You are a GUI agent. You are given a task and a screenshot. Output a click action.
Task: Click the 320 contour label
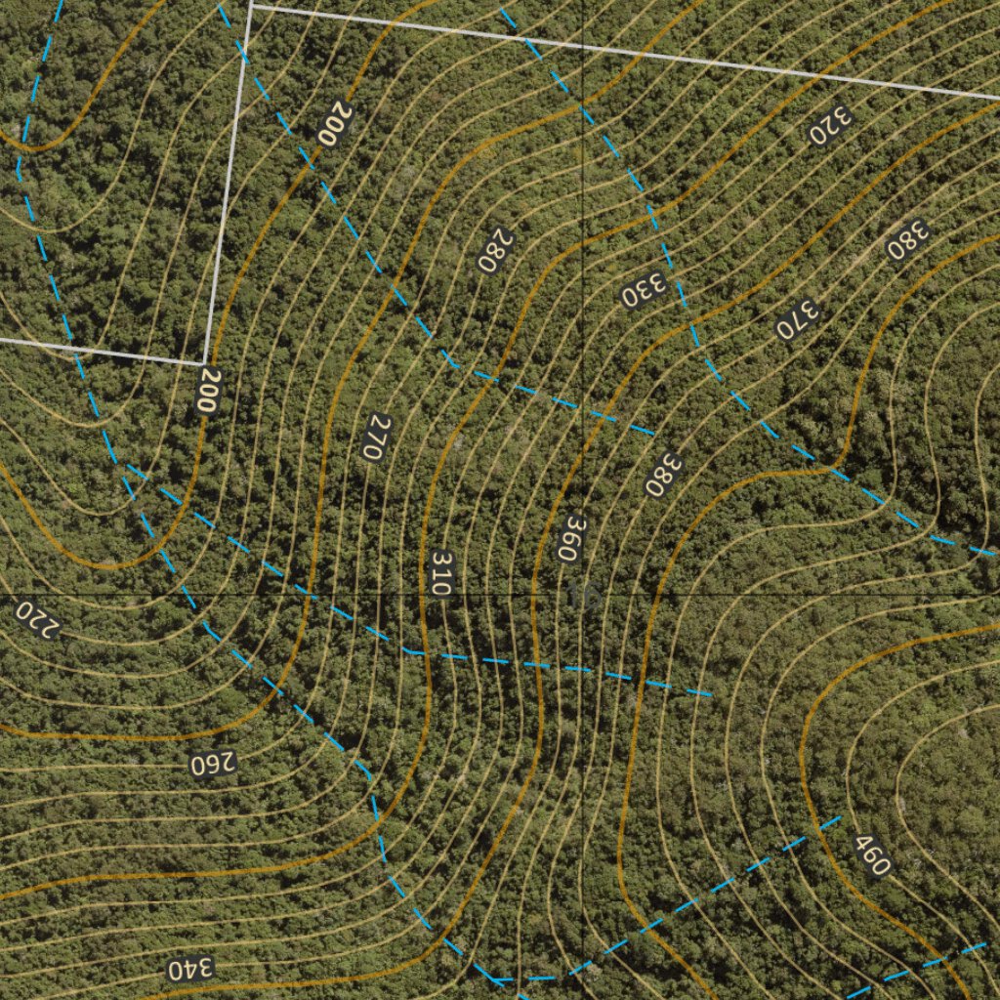pos(831,124)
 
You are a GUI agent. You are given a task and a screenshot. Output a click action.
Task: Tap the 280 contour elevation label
pos(495,250)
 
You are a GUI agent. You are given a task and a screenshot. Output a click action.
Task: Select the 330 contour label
pos(644,289)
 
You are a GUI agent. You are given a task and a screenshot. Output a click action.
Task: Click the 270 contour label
pos(376,438)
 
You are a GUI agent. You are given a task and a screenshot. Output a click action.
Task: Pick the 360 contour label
pos(571,537)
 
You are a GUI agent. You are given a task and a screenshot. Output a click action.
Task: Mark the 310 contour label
pos(441,574)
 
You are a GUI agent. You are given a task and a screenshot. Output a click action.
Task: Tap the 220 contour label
pos(37,618)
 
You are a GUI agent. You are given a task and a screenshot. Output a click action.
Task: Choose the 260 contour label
pos(214,764)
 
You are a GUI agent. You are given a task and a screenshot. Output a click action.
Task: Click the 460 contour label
pos(872,854)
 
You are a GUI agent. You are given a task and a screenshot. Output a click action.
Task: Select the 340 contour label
pos(189,970)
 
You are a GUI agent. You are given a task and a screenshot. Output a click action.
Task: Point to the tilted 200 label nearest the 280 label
pos(335,125)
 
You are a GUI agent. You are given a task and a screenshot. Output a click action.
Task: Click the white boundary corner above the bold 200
pos(203,363)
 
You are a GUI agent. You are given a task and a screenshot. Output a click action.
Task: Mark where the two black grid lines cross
pos(583,595)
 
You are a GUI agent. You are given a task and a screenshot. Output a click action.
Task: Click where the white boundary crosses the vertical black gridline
pos(583,45)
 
